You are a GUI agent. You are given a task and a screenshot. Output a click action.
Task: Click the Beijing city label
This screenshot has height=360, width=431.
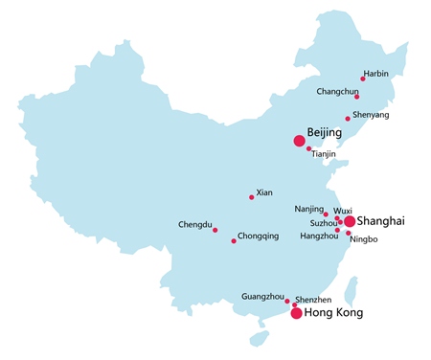324,131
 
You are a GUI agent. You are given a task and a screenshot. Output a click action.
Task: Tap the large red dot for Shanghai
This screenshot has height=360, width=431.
350,221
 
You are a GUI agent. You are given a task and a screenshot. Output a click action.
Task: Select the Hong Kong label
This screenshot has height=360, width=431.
333,313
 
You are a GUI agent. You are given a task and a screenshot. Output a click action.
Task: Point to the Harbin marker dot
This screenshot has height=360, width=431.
363,79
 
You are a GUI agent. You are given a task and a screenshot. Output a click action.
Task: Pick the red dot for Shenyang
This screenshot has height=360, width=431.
348,119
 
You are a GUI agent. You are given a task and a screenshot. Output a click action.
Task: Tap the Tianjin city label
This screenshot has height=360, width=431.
324,154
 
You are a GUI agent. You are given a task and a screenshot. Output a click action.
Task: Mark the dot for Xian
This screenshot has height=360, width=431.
252,197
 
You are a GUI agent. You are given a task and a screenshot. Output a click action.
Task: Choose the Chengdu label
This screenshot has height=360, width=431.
194,225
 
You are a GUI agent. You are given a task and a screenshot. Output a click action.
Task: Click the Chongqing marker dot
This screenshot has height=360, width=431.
234,240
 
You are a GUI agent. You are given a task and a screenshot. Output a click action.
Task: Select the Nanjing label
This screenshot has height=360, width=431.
308,208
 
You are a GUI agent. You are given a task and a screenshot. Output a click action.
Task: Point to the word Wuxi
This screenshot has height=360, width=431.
343,209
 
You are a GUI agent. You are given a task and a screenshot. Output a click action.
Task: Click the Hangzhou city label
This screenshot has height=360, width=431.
319,236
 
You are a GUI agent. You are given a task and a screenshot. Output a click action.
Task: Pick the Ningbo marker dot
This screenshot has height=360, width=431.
349,234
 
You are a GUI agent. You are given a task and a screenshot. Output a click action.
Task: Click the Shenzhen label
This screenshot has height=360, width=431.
313,300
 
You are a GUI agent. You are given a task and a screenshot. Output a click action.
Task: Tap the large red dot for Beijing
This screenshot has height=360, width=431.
300,141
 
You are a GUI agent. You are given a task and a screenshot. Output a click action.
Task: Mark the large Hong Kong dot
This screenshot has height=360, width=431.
296,313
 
